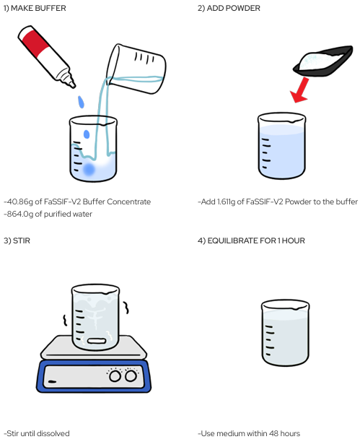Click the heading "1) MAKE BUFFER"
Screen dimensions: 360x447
[35, 8]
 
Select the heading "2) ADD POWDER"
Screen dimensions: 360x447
[229, 8]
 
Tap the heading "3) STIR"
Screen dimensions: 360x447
[17, 240]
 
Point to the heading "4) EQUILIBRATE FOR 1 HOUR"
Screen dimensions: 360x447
[251, 240]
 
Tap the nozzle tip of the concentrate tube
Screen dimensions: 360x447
[74, 85]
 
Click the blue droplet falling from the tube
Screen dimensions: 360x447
[82, 102]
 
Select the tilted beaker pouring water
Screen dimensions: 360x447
[136, 69]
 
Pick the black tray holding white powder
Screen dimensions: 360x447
[323, 61]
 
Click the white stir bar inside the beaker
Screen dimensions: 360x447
[97, 341]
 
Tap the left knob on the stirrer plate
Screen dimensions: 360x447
[115, 376]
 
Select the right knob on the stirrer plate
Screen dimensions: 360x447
[131, 376]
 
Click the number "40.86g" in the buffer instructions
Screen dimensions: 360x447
[19, 201]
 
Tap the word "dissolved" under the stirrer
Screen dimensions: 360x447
[53, 433]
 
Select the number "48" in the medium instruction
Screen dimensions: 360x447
[273, 433]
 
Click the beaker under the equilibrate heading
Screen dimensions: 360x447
[285, 333]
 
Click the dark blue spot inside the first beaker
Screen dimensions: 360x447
[89, 170]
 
